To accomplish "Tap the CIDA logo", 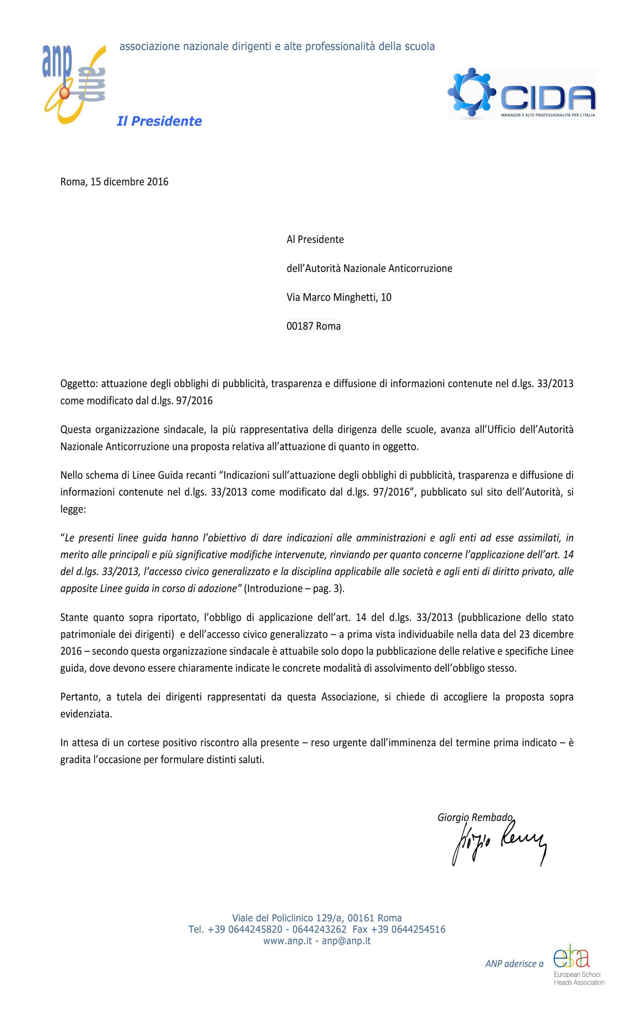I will (522, 94).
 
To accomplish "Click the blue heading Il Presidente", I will (159, 121).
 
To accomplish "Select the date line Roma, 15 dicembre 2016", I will (114, 182).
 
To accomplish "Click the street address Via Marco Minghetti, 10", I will (339, 297).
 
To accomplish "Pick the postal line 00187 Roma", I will (313, 326).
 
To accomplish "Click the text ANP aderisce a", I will (514, 964).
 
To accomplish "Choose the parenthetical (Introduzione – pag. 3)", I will (294, 588).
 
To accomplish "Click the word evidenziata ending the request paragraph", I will (86, 714).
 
